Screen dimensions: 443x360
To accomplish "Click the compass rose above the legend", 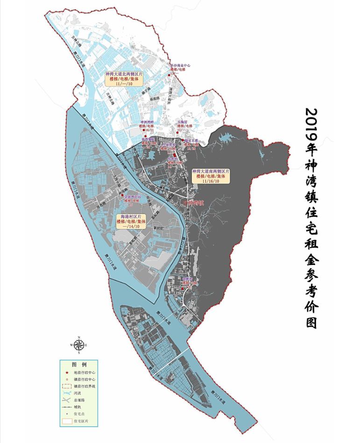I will click(79, 345).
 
